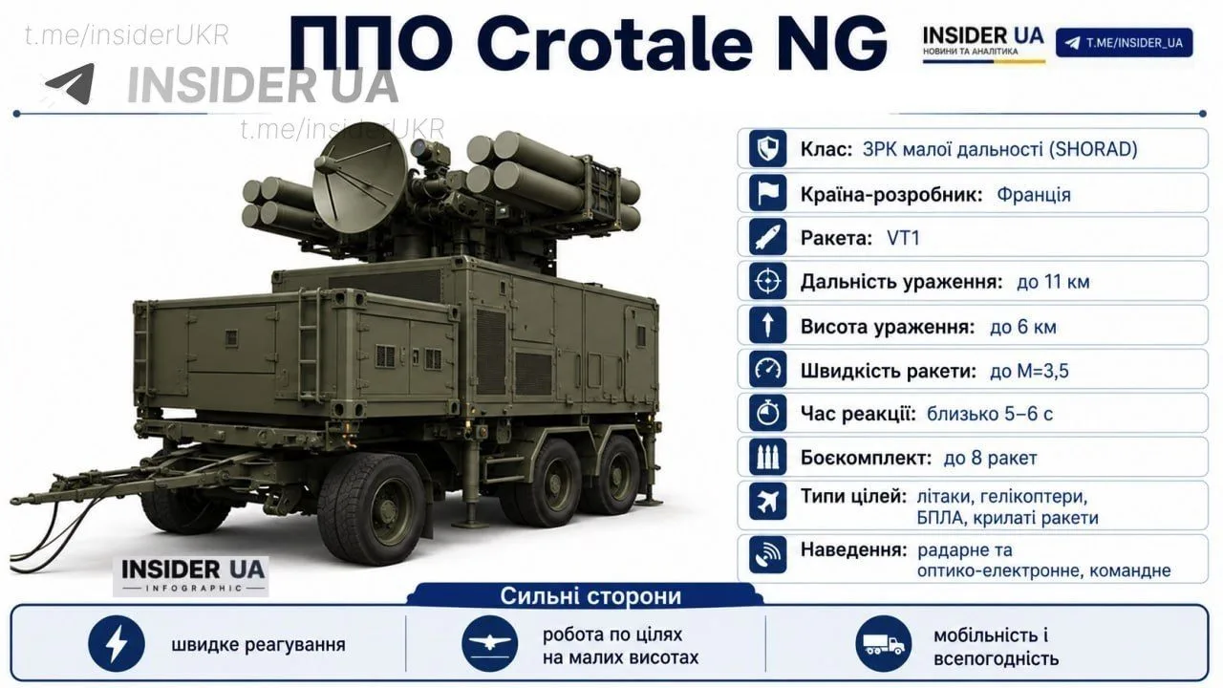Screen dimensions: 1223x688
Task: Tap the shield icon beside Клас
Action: coord(767,148)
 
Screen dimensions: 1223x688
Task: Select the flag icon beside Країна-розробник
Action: coord(767,193)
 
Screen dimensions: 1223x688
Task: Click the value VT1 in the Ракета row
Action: coord(903,238)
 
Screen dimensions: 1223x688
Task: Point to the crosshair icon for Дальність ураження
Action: coord(767,281)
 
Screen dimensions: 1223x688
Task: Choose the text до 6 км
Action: coord(1022,327)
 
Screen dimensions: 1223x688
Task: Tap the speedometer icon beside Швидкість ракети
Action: coord(767,370)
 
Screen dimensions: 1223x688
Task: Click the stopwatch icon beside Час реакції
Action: coord(767,414)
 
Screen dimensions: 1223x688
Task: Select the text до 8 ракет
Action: coord(990,458)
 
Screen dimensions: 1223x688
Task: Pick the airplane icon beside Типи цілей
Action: coord(767,501)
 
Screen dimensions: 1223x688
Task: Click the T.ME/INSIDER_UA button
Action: coord(1125,43)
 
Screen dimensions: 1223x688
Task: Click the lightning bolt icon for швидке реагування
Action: coord(117,644)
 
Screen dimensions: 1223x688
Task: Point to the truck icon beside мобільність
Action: coord(884,644)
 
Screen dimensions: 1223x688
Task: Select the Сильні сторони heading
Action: coord(590,596)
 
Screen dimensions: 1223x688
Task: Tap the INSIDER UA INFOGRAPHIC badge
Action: coord(191,576)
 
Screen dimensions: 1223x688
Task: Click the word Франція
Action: coord(1034,194)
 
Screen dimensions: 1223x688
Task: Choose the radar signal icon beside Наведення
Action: coord(767,555)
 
